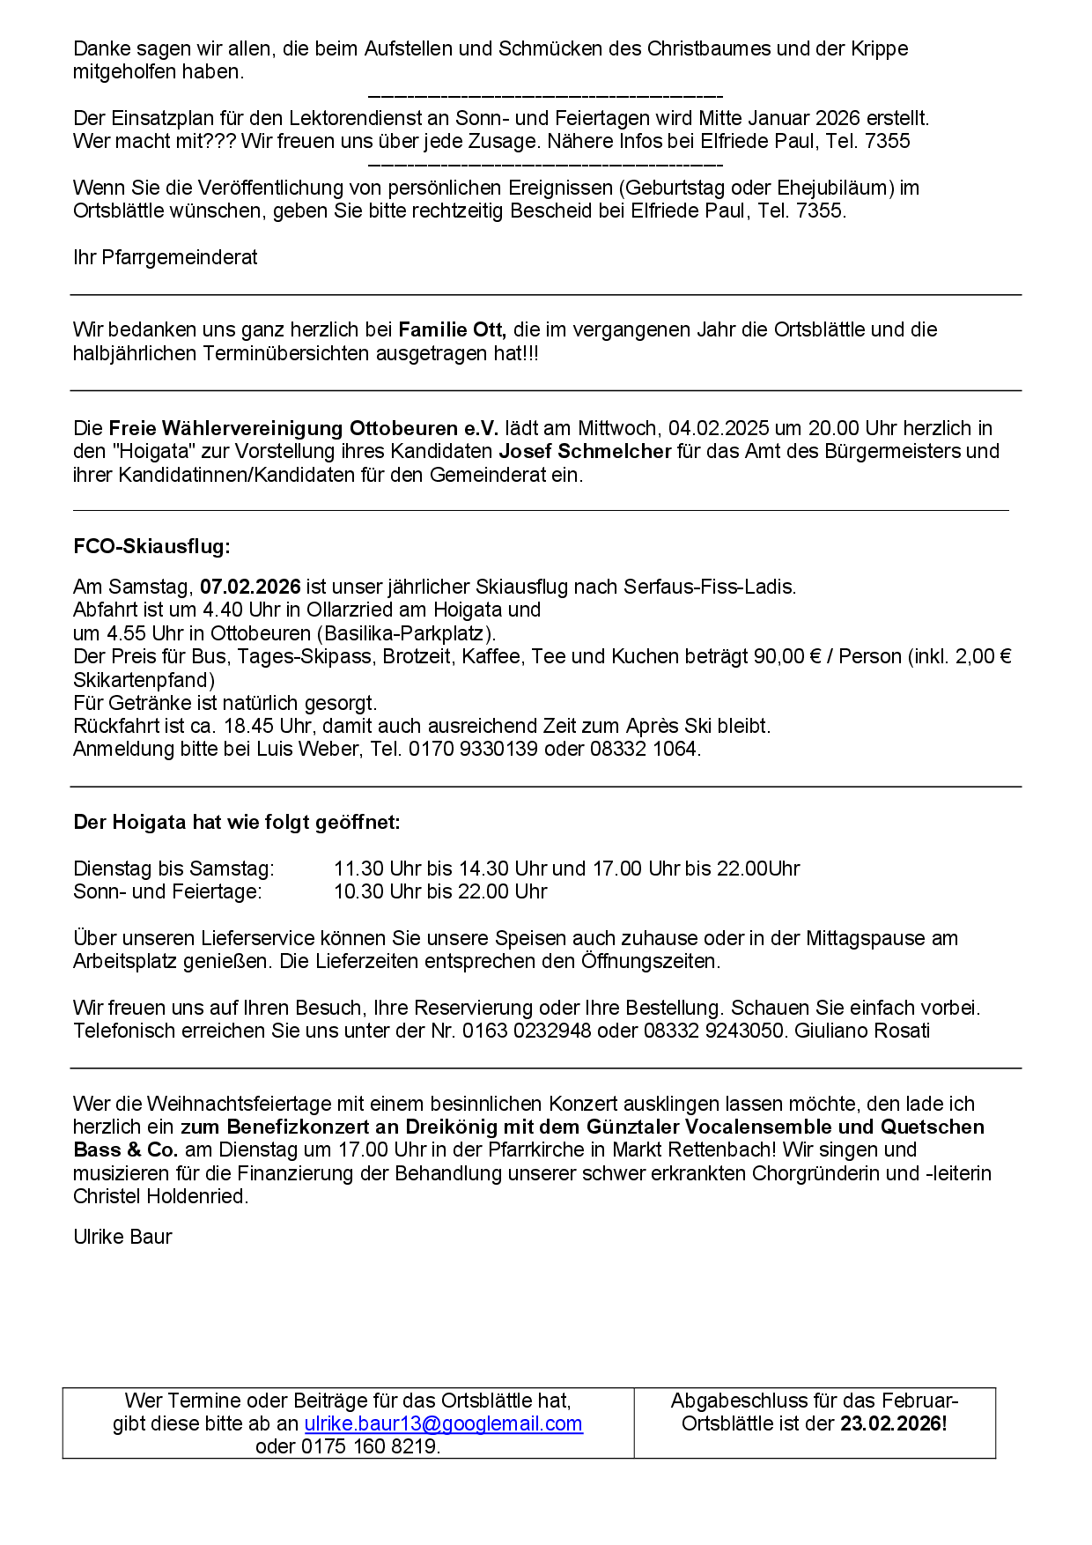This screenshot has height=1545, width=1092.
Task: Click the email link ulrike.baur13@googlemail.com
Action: (x=443, y=1423)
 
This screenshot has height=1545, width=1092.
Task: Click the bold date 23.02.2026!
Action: (x=893, y=1423)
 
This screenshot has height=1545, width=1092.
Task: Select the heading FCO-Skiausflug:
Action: (x=151, y=546)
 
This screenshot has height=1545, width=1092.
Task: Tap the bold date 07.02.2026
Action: (x=250, y=587)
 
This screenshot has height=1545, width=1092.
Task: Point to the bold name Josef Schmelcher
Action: (x=585, y=451)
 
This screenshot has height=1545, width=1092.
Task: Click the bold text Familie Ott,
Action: (x=452, y=329)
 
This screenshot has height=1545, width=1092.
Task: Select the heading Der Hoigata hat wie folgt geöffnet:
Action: (x=237, y=822)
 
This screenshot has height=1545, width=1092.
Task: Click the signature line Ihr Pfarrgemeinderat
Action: (x=166, y=257)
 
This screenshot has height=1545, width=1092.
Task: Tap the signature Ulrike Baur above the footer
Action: (x=122, y=1237)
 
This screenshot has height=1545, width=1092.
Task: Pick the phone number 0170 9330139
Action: (x=472, y=749)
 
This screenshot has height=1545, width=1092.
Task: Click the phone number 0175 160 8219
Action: (x=370, y=1446)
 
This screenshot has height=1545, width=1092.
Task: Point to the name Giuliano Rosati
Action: (x=862, y=1031)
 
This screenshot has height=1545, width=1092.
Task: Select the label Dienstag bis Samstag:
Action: (x=173, y=869)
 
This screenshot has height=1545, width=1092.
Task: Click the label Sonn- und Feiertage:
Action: (x=167, y=891)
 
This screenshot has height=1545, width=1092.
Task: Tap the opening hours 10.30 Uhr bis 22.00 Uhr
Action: (x=440, y=891)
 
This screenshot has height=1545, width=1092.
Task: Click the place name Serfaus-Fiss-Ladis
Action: (x=709, y=587)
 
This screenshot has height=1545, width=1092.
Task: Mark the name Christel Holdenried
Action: (x=160, y=1196)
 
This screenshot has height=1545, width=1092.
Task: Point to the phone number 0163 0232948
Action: (x=527, y=1031)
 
